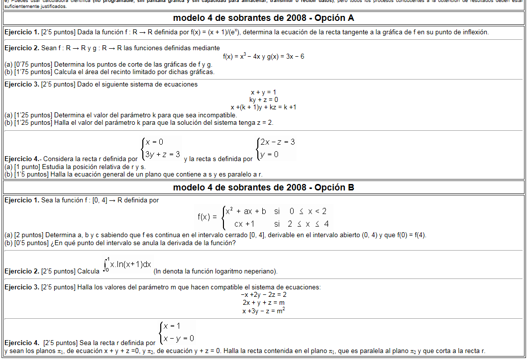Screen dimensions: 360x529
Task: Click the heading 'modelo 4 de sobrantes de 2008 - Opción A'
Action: coord(264,18)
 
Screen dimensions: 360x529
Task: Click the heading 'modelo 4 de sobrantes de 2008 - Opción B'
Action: coord(264,187)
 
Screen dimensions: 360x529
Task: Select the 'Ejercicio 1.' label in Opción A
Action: coord(21,32)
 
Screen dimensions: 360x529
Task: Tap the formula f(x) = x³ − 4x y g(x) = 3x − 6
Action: coord(264,56)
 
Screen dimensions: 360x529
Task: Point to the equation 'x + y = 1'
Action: coord(264,92)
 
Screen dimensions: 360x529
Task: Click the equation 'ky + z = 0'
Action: coord(264,99)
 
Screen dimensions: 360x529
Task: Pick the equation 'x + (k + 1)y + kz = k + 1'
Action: coord(264,107)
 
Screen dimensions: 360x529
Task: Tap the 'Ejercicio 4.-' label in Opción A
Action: coord(23,159)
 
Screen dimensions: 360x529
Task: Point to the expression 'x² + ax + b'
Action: coord(246,211)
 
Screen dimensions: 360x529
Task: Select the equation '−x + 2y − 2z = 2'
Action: coord(264,294)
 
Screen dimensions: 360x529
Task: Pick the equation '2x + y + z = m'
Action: coord(264,302)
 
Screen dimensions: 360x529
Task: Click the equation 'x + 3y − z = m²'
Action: coord(264,311)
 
